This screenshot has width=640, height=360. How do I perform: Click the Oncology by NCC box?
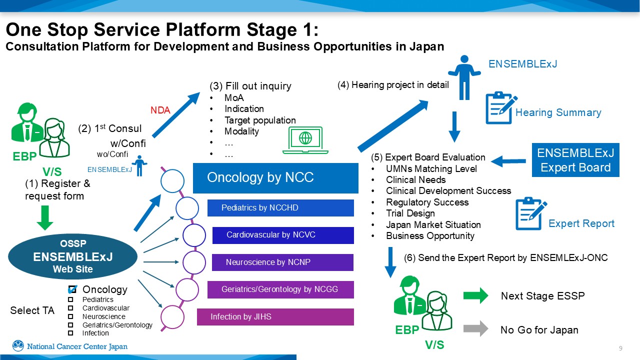point(275,178)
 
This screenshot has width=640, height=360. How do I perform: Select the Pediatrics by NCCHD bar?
point(280,208)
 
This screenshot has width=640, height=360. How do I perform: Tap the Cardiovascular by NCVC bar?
point(283,235)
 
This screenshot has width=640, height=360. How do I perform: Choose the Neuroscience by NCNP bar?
point(282,262)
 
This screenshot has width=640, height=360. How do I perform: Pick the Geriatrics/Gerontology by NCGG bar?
point(280,289)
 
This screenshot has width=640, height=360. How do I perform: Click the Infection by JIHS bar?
point(275,317)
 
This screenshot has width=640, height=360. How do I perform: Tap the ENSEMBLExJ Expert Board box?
point(575,160)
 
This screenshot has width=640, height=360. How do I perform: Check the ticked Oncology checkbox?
point(72,289)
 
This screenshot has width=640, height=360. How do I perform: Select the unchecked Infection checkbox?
point(71,333)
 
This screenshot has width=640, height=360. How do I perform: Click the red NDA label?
point(160,110)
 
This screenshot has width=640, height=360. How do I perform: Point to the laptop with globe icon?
point(305,140)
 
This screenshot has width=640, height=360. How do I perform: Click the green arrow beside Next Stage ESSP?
point(475,295)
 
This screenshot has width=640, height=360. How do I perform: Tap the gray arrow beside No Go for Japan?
point(475,329)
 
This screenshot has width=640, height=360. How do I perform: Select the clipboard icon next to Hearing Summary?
point(501,107)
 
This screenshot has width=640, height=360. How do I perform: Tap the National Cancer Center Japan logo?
point(70,346)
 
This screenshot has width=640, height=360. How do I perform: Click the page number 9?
point(620,348)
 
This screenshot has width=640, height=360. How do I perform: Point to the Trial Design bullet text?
point(410,213)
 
